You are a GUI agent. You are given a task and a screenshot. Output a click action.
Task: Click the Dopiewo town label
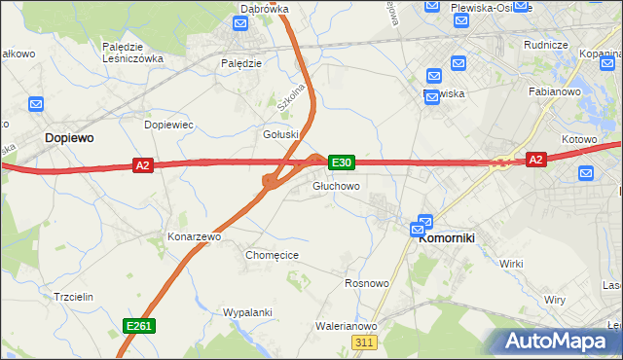69,139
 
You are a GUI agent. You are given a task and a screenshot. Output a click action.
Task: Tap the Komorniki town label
445,247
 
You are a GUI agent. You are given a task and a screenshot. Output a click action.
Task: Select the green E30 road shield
341,162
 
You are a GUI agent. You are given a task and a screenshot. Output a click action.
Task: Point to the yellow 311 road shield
364,343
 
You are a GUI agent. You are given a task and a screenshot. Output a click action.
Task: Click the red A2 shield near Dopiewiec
143,165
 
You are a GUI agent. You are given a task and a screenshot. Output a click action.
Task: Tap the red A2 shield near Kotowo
534,159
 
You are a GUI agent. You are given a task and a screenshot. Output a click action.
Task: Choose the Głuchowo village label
336,186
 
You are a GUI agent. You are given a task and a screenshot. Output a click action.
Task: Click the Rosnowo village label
367,283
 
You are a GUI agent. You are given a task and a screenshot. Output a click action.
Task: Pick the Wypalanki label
246,313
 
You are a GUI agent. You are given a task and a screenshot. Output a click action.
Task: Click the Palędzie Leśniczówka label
131,52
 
